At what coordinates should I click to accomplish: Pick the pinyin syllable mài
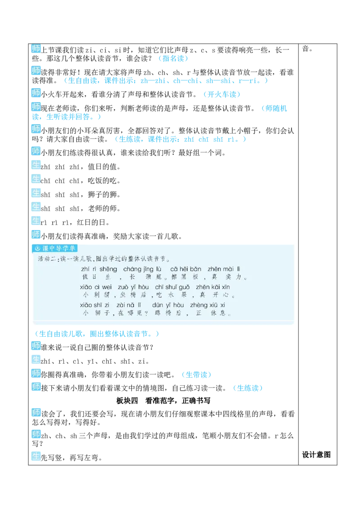pyautogui.click(x=229, y=269)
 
